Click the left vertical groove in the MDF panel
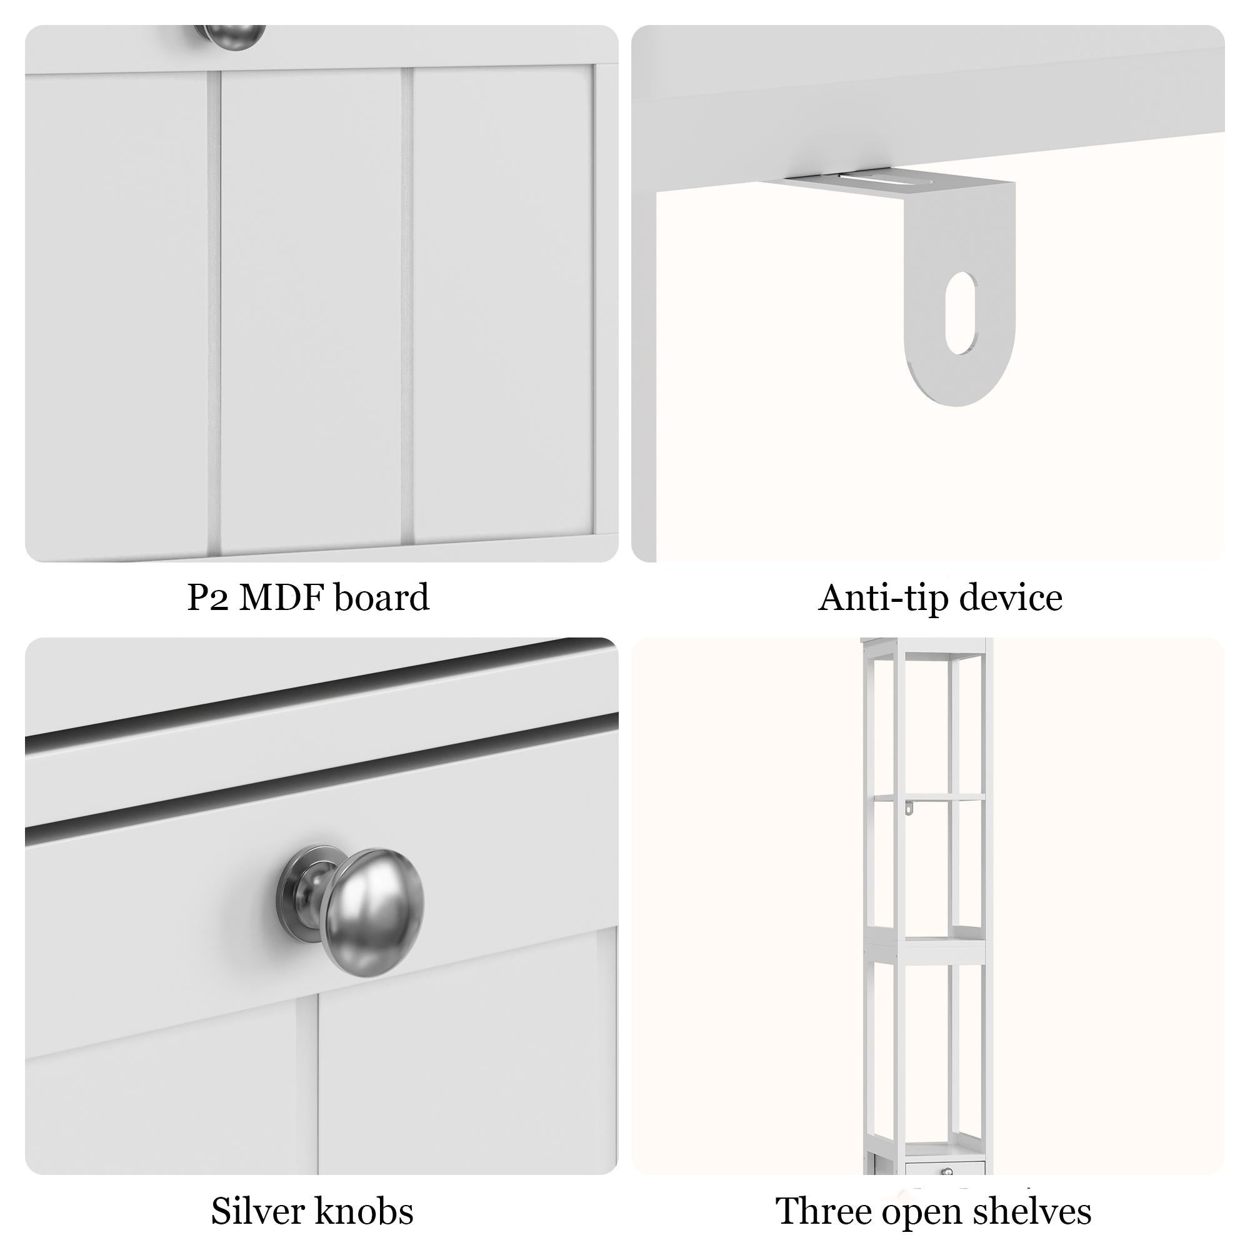pyautogui.click(x=214, y=311)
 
